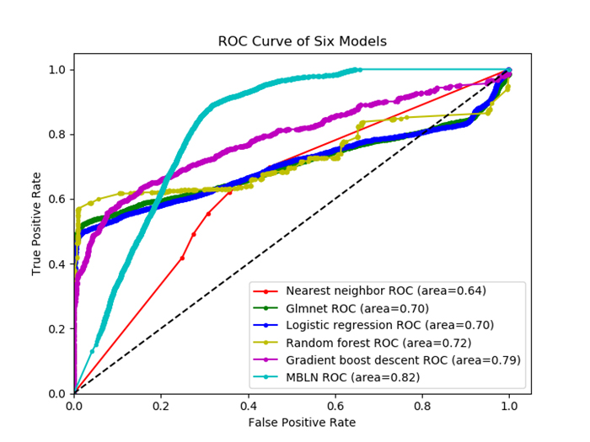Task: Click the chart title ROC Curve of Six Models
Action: click(302, 41)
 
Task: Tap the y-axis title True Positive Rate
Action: click(37, 221)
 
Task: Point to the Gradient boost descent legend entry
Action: click(403, 359)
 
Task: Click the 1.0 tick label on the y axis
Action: click(56, 70)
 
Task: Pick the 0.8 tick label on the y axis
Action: click(56, 135)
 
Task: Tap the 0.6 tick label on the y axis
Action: click(56, 200)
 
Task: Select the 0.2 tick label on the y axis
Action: click(56, 328)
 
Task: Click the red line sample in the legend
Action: click(267, 290)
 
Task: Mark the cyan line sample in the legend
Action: click(267, 376)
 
